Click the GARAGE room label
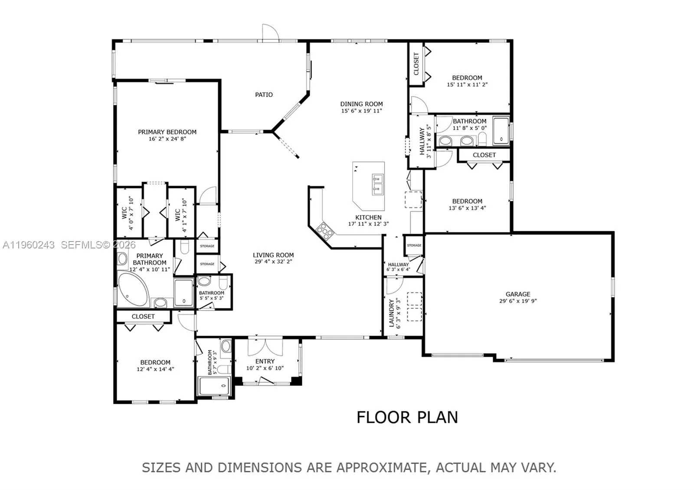(517, 294)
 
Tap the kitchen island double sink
(377, 184)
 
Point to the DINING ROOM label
(361, 104)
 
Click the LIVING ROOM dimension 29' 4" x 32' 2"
(273, 261)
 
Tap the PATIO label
(264, 95)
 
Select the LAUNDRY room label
(391, 313)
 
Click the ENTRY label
(265, 361)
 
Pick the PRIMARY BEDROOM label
(167, 132)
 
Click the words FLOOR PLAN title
(407, 417)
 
